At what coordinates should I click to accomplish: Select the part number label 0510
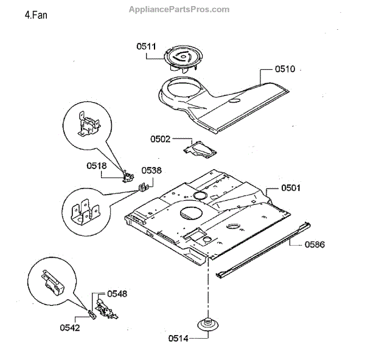[x=285, y=69]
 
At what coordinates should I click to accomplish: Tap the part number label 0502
[x=161, y=139]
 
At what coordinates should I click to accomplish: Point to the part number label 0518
[x=97, y=165]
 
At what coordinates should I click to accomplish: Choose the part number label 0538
[x=151, y=171]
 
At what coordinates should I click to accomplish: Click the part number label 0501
[x=291, y=188]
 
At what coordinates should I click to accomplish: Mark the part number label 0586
[x=315, y=244]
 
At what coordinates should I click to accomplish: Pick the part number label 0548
[x=117, y=294]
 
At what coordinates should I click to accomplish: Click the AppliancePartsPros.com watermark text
[x=180, y=9]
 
